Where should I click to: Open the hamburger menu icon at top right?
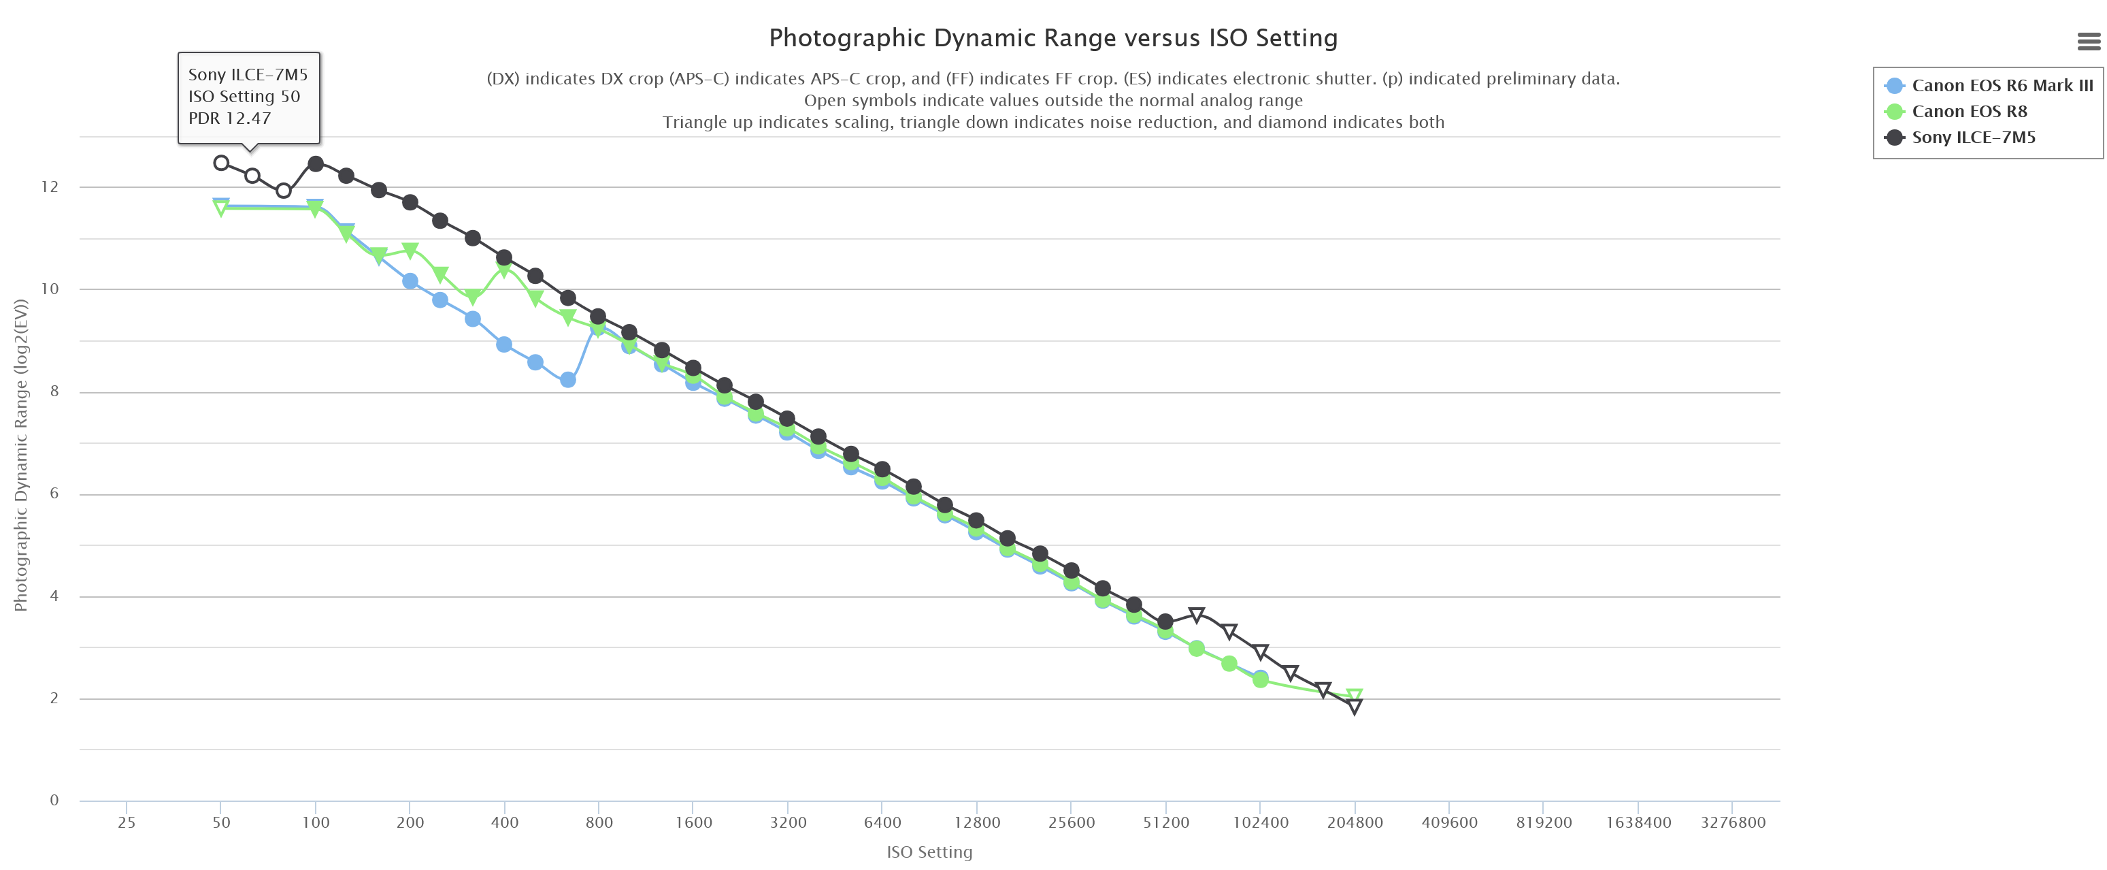(2088, 41)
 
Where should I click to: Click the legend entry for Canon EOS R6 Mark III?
(2002, 86)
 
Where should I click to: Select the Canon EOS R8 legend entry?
(1969, 112)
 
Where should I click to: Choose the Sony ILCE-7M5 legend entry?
(1973, 138)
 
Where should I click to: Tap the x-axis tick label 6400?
(882, 822)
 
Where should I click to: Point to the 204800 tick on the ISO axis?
(1355, 822)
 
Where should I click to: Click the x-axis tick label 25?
(127, 822)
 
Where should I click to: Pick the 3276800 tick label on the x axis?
(1732, 822)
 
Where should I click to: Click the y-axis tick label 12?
(50, 187)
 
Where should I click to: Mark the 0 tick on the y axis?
(54, 801)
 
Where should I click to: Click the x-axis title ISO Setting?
(929, 852)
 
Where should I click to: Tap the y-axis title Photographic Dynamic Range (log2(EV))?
(21, 455)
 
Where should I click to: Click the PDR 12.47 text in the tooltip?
(230, 118)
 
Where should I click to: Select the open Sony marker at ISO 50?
(221, 163)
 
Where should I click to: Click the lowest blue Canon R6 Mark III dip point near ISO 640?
(567, 380)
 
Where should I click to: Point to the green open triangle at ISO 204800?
(1355, 696)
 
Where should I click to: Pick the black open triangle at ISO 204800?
(1355, 707)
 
